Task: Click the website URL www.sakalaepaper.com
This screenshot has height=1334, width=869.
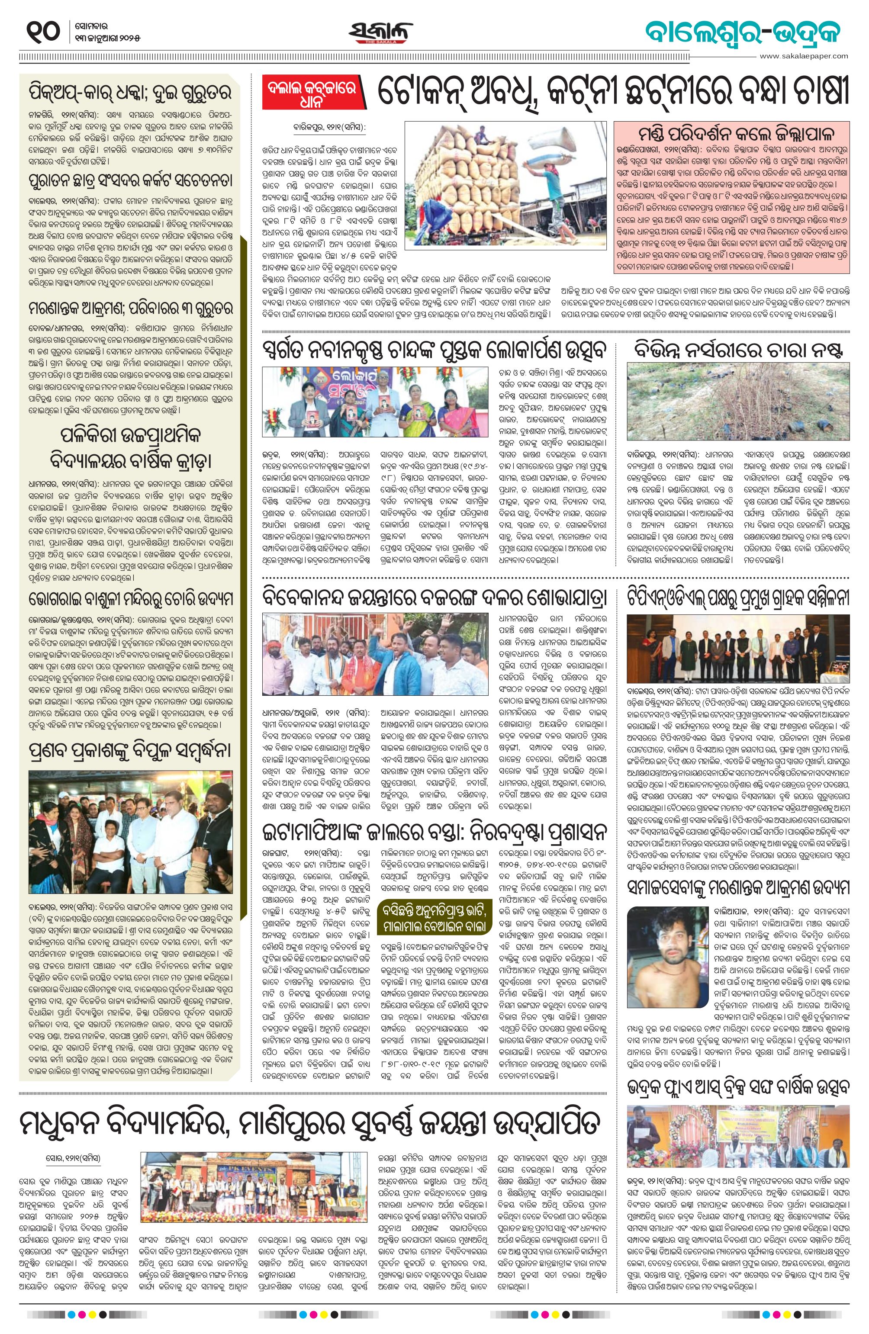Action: [x=805, y=55]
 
